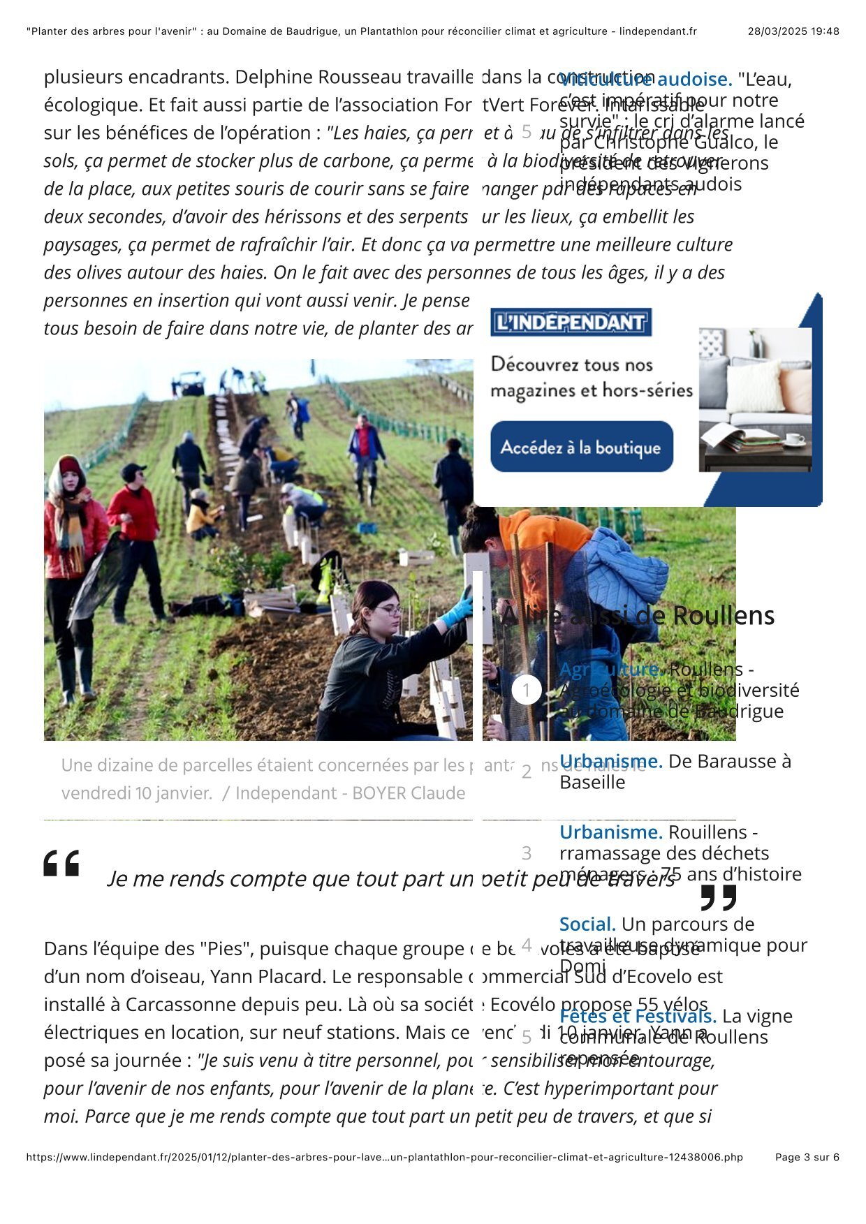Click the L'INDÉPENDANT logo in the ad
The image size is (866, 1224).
pos(571,322)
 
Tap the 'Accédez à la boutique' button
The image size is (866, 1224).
pos(581,447)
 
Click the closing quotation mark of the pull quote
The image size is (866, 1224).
pos(718,898)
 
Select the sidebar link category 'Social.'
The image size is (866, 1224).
pos(587,924)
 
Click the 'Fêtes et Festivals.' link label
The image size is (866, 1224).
pos(638,1016)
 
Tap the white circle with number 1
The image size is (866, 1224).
pos(527,691)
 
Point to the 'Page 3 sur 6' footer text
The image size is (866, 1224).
pos(807,1157)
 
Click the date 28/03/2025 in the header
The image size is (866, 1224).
pos(777,31)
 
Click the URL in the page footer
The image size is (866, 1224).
pos(384,1157)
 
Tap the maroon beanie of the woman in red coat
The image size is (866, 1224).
pos(70,466)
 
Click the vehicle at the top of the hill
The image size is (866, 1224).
pos(189,383)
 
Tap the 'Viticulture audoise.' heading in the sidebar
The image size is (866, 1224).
pos(645,79)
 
